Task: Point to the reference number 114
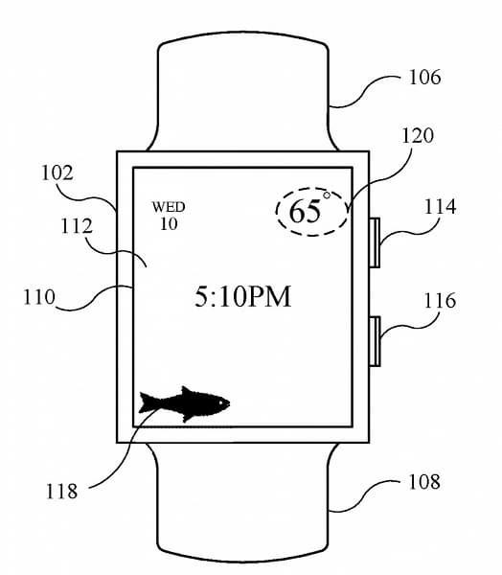pos(440,207)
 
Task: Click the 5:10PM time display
pos(242,297)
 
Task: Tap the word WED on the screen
pos(169,207)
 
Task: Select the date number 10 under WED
pos(169,224)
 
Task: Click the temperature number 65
pos(305,212)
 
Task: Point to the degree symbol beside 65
pos(326,196)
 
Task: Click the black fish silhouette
pos(186,402)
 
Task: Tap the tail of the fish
pos(149,402)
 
